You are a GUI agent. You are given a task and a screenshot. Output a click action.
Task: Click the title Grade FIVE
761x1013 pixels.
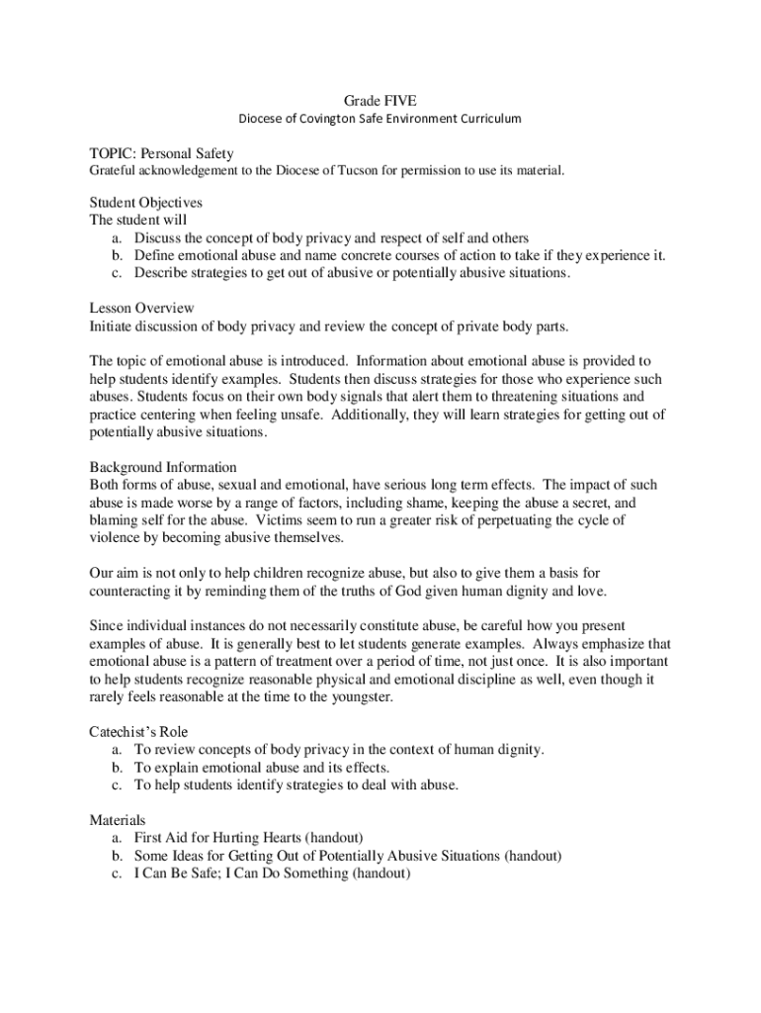(380, 101)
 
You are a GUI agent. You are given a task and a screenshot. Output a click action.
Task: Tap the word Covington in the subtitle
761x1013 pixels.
(321, 119)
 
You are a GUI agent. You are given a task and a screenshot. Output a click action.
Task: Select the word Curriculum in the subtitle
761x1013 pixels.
(483, 119)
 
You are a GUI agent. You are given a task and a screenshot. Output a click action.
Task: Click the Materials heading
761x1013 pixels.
(118, 820)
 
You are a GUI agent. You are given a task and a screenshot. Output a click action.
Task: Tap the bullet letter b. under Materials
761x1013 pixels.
(117, 856)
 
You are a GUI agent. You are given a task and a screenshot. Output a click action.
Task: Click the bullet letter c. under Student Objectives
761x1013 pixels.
(117, 273)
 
